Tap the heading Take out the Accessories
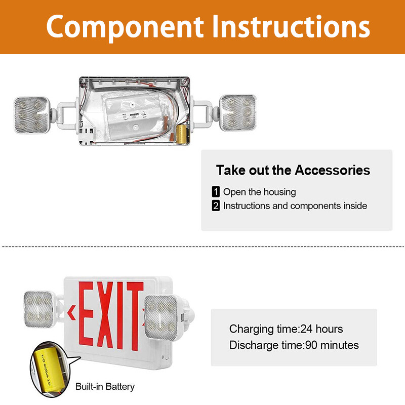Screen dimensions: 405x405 pos(293,170)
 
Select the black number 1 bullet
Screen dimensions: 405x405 pos(216,192)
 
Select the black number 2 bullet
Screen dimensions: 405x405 pos(216,206)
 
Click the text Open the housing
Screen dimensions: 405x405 pos(259,192)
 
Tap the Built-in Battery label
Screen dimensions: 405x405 pos(105,387)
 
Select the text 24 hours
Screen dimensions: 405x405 pos(321,329)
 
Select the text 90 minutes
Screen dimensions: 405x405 pos(331,345)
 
